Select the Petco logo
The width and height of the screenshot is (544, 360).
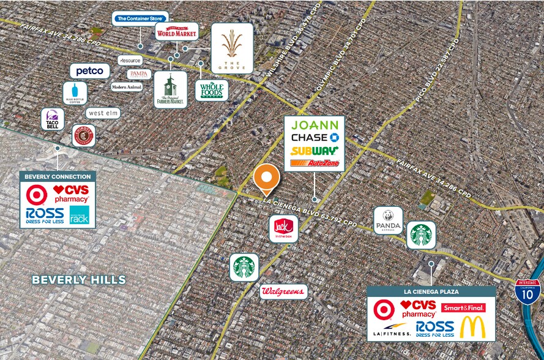pyautogui.click(x=89, y=71)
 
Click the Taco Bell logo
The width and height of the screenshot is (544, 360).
pyautogui.click(x=52, y=119)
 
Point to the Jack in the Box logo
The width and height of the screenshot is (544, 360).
pyautogui.click(x=283, y=228)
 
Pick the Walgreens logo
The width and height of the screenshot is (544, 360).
pyautogui.click(x=283, y=291)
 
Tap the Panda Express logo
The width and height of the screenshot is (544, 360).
pyautogui.click(x=388, y=220)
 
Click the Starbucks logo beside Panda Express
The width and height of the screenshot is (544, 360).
pyautogui.click(x=421, y=234)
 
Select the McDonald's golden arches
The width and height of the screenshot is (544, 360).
pyautogui.click(x=472, y=327)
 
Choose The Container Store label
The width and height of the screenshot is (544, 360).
pyautogui.click(x=140, y=19)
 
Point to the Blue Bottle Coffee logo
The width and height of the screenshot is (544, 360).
pyautogui.click(x=75, y=93)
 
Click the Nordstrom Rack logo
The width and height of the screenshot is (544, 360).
pyautogui.click(x=79, y=214)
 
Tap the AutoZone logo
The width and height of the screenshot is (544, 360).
pyautogui.click(x=314, y=163)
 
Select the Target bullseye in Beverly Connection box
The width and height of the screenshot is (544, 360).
pyautogui.click(x=37, y=195)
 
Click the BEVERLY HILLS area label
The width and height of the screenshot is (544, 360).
pyautogui.click(x=78, y=280)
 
